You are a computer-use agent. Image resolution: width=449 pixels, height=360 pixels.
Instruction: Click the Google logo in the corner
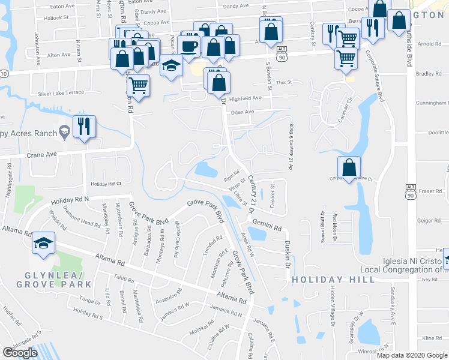pos(20,353)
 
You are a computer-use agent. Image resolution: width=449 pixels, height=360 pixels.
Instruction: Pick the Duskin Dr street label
pos(287,254)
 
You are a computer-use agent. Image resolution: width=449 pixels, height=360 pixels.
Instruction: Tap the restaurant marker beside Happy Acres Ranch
pos(84,127)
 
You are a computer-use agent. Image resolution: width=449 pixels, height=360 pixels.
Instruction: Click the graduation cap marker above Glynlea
pos(43,244)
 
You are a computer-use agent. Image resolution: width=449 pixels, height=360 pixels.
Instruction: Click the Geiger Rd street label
pos(429,220)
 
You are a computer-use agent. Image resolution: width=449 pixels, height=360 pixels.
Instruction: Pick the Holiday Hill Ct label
pos(106,184)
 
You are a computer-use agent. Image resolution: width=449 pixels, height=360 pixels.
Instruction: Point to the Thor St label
pos(283,82)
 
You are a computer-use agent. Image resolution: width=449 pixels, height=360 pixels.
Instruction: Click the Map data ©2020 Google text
pos(412,355)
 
